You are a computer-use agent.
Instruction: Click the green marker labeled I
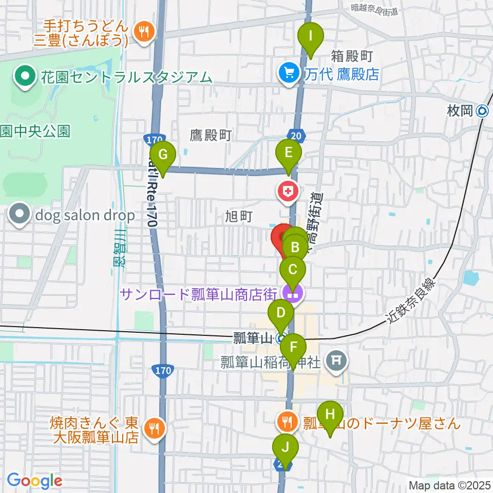point(311,37)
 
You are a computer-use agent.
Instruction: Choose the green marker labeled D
point(280,314)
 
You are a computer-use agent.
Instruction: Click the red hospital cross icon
point(287,192)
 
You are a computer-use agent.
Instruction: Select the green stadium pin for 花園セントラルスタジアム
point(24,78)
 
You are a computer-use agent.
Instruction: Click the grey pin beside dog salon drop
point(21,215)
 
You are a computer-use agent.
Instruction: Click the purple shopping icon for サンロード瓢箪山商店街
point(293,294)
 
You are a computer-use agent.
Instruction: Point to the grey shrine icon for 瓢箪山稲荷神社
point(336,361)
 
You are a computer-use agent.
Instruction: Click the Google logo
point(34,481)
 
